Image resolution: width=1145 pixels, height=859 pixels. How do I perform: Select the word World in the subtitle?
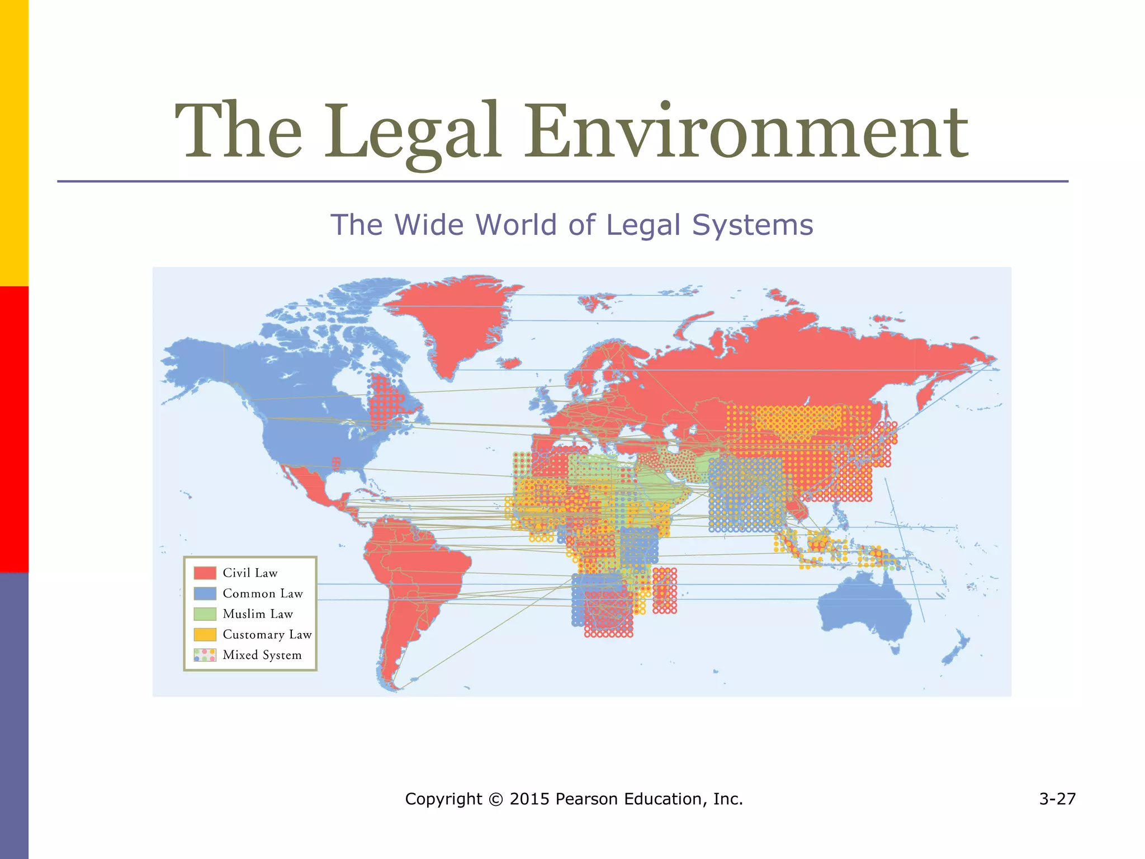pyautogui.click(x=516, y=225)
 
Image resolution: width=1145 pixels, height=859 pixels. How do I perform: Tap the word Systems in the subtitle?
pyautogui.click(x=753, y=225)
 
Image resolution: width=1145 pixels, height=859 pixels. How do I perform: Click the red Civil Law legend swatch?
pyautogui.click(x=205, y=573)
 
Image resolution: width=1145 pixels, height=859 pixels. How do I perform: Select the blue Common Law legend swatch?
pyautogui.click(x=205, y=593)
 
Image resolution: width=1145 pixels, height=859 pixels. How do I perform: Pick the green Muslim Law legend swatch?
pyautogui.click(x=205, y=613)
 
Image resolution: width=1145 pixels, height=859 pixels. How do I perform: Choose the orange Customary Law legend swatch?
pyautogui.click(x=205, y=634)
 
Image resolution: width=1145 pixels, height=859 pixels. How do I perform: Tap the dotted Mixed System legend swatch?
pyautogui.click(x=205, y=655)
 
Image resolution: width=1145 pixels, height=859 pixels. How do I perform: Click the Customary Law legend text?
pyautogui.click(x=267, y=634)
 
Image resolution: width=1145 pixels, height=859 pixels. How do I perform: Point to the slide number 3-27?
pyautogui.click(x=1057, y=799)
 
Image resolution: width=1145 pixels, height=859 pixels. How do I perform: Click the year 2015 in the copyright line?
pyautogui.click(x=529, y=799)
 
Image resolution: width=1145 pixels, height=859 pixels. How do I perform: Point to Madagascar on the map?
pyautogui.click(x=665, y=591)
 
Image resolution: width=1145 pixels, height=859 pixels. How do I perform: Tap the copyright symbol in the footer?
pyautogui.click(x=495, y=799)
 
